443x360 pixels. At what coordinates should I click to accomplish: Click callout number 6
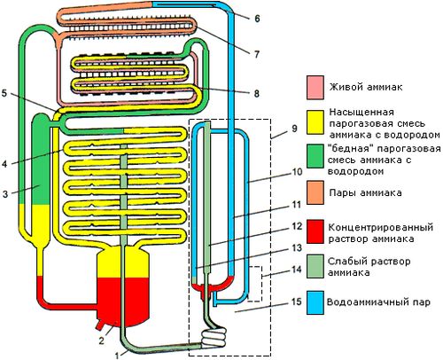(x=257, y=19)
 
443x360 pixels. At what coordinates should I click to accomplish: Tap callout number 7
(x=257, y=54)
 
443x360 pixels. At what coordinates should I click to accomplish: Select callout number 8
(x=256, y=93)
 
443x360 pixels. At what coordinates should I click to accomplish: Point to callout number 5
(x=4, y=93)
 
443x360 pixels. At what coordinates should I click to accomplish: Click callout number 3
(x=5, y=194)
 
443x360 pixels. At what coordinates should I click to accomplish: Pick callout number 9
(x=294, y=129)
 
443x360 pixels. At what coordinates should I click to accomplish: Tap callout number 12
(x=297, y=226)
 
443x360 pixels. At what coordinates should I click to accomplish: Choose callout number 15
(x=297, y=301)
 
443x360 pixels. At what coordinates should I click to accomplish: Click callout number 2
(x=101, y=340)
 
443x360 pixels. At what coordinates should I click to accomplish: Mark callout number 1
(x=117, y=356)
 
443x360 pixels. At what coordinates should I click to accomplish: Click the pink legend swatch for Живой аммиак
(x=315, y=87)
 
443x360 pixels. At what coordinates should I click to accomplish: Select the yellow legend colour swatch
(x=315, y=122)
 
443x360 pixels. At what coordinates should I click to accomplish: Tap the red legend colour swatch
(x=315, y=231)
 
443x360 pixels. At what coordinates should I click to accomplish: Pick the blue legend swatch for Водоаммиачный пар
(x=315, y=302)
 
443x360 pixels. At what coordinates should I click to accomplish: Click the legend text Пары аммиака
(x=365, y=193)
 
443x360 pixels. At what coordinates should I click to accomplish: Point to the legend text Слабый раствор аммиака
(x=369, y=267)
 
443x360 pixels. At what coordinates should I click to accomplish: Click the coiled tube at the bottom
(x=214, y=338)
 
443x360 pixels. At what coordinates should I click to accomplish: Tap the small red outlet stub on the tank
(x=99, y=325)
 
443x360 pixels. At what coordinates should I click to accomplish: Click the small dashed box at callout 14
(x=255, y=284)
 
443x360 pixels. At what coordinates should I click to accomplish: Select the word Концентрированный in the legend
(x=381, y=228)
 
